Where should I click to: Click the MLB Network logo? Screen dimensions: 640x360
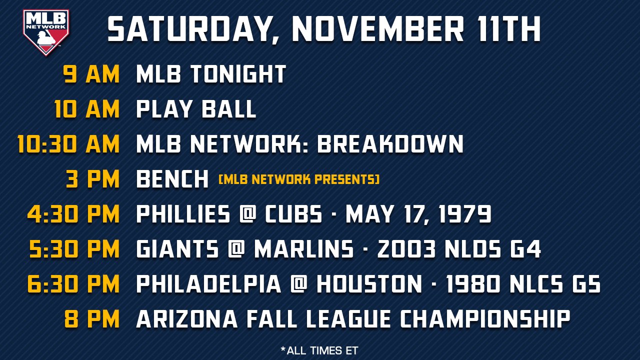(x=46, y=32)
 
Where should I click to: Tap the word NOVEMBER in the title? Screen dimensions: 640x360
(x=378, y=29)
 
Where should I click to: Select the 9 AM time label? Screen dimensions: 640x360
(x=91, y=74)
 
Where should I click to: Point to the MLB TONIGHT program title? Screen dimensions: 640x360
(x=211, y=74)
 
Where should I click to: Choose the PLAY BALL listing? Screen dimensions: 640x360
(x=196, y=109)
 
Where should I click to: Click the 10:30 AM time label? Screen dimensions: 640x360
(x=68, y=144)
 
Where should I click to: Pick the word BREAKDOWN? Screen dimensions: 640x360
(x=390, y=144)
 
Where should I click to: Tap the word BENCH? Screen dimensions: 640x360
(x=172, y=179)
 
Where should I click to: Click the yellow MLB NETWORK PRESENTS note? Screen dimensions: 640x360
(x=299, y=179)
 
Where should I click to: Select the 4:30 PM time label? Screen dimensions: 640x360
(x=73, y=214)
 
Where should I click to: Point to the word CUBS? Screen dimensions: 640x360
(x=293, y=214)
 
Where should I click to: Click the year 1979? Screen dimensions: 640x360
(x=465, y=214)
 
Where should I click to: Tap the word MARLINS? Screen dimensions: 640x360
(x=303, y=249)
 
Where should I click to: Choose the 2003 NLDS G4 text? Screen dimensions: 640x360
(x=459, y=249)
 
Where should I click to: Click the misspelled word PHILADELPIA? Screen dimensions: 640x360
(x=208, y=284)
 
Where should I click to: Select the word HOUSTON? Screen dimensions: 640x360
(x=369, y=284)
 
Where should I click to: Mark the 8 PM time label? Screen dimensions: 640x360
(x=92, y=319)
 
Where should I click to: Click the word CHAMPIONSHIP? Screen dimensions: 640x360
(x=485, y=319)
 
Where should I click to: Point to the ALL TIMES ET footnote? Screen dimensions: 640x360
(x=319, y=350)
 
